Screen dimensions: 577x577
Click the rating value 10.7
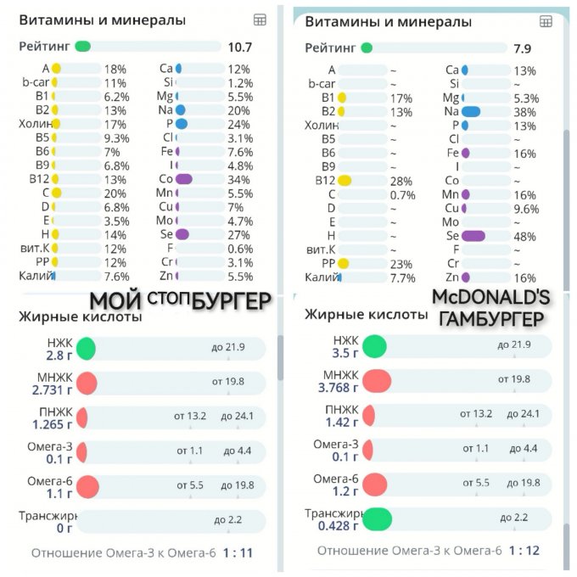point(239,48)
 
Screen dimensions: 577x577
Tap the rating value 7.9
point(523,48)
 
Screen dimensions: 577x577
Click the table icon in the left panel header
point(260,20)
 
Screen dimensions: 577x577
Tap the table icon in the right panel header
point(546,21)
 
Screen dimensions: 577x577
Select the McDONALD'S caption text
point(491,298)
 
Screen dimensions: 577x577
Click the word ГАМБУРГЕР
point(491,318)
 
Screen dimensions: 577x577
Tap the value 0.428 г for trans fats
point(337,526)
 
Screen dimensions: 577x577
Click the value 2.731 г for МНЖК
point(52,389)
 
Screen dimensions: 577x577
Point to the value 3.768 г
point(337,389)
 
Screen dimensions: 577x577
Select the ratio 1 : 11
point(238,553)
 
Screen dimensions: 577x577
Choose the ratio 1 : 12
point(524,551)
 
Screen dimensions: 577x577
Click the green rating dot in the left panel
point(83,48)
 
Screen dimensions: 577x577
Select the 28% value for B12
point(378,181)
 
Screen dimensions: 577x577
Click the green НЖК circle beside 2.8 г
point(86,348)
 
